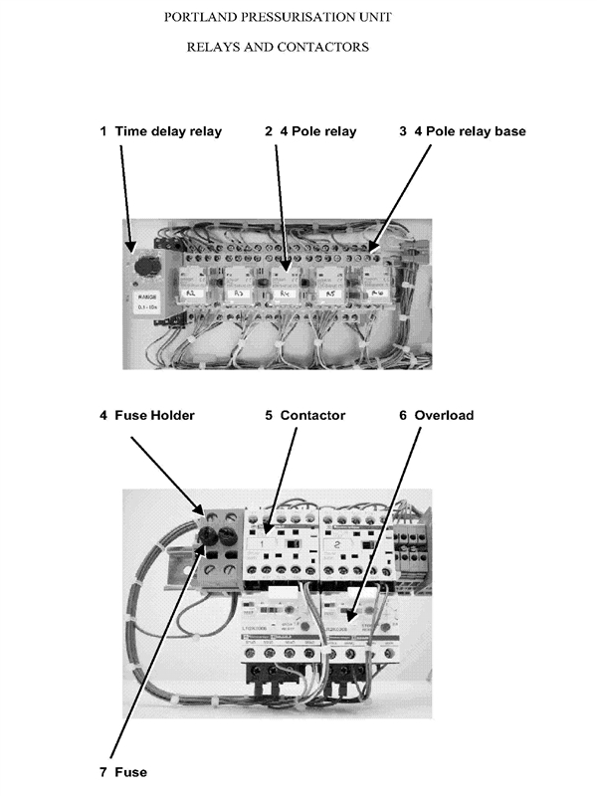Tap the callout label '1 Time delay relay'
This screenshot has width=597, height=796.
point(160,131)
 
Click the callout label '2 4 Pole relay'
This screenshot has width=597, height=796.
point(310,131)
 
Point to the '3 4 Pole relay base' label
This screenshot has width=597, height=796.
point(463,131)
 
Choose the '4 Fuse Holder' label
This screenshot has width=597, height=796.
point(146,415)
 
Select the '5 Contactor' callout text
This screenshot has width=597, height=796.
point(305,415)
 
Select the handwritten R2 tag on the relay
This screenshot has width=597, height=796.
point(191,295)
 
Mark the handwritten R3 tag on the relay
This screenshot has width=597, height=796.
point(239,295)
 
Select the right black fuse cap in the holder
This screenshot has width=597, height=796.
point(229,536)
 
